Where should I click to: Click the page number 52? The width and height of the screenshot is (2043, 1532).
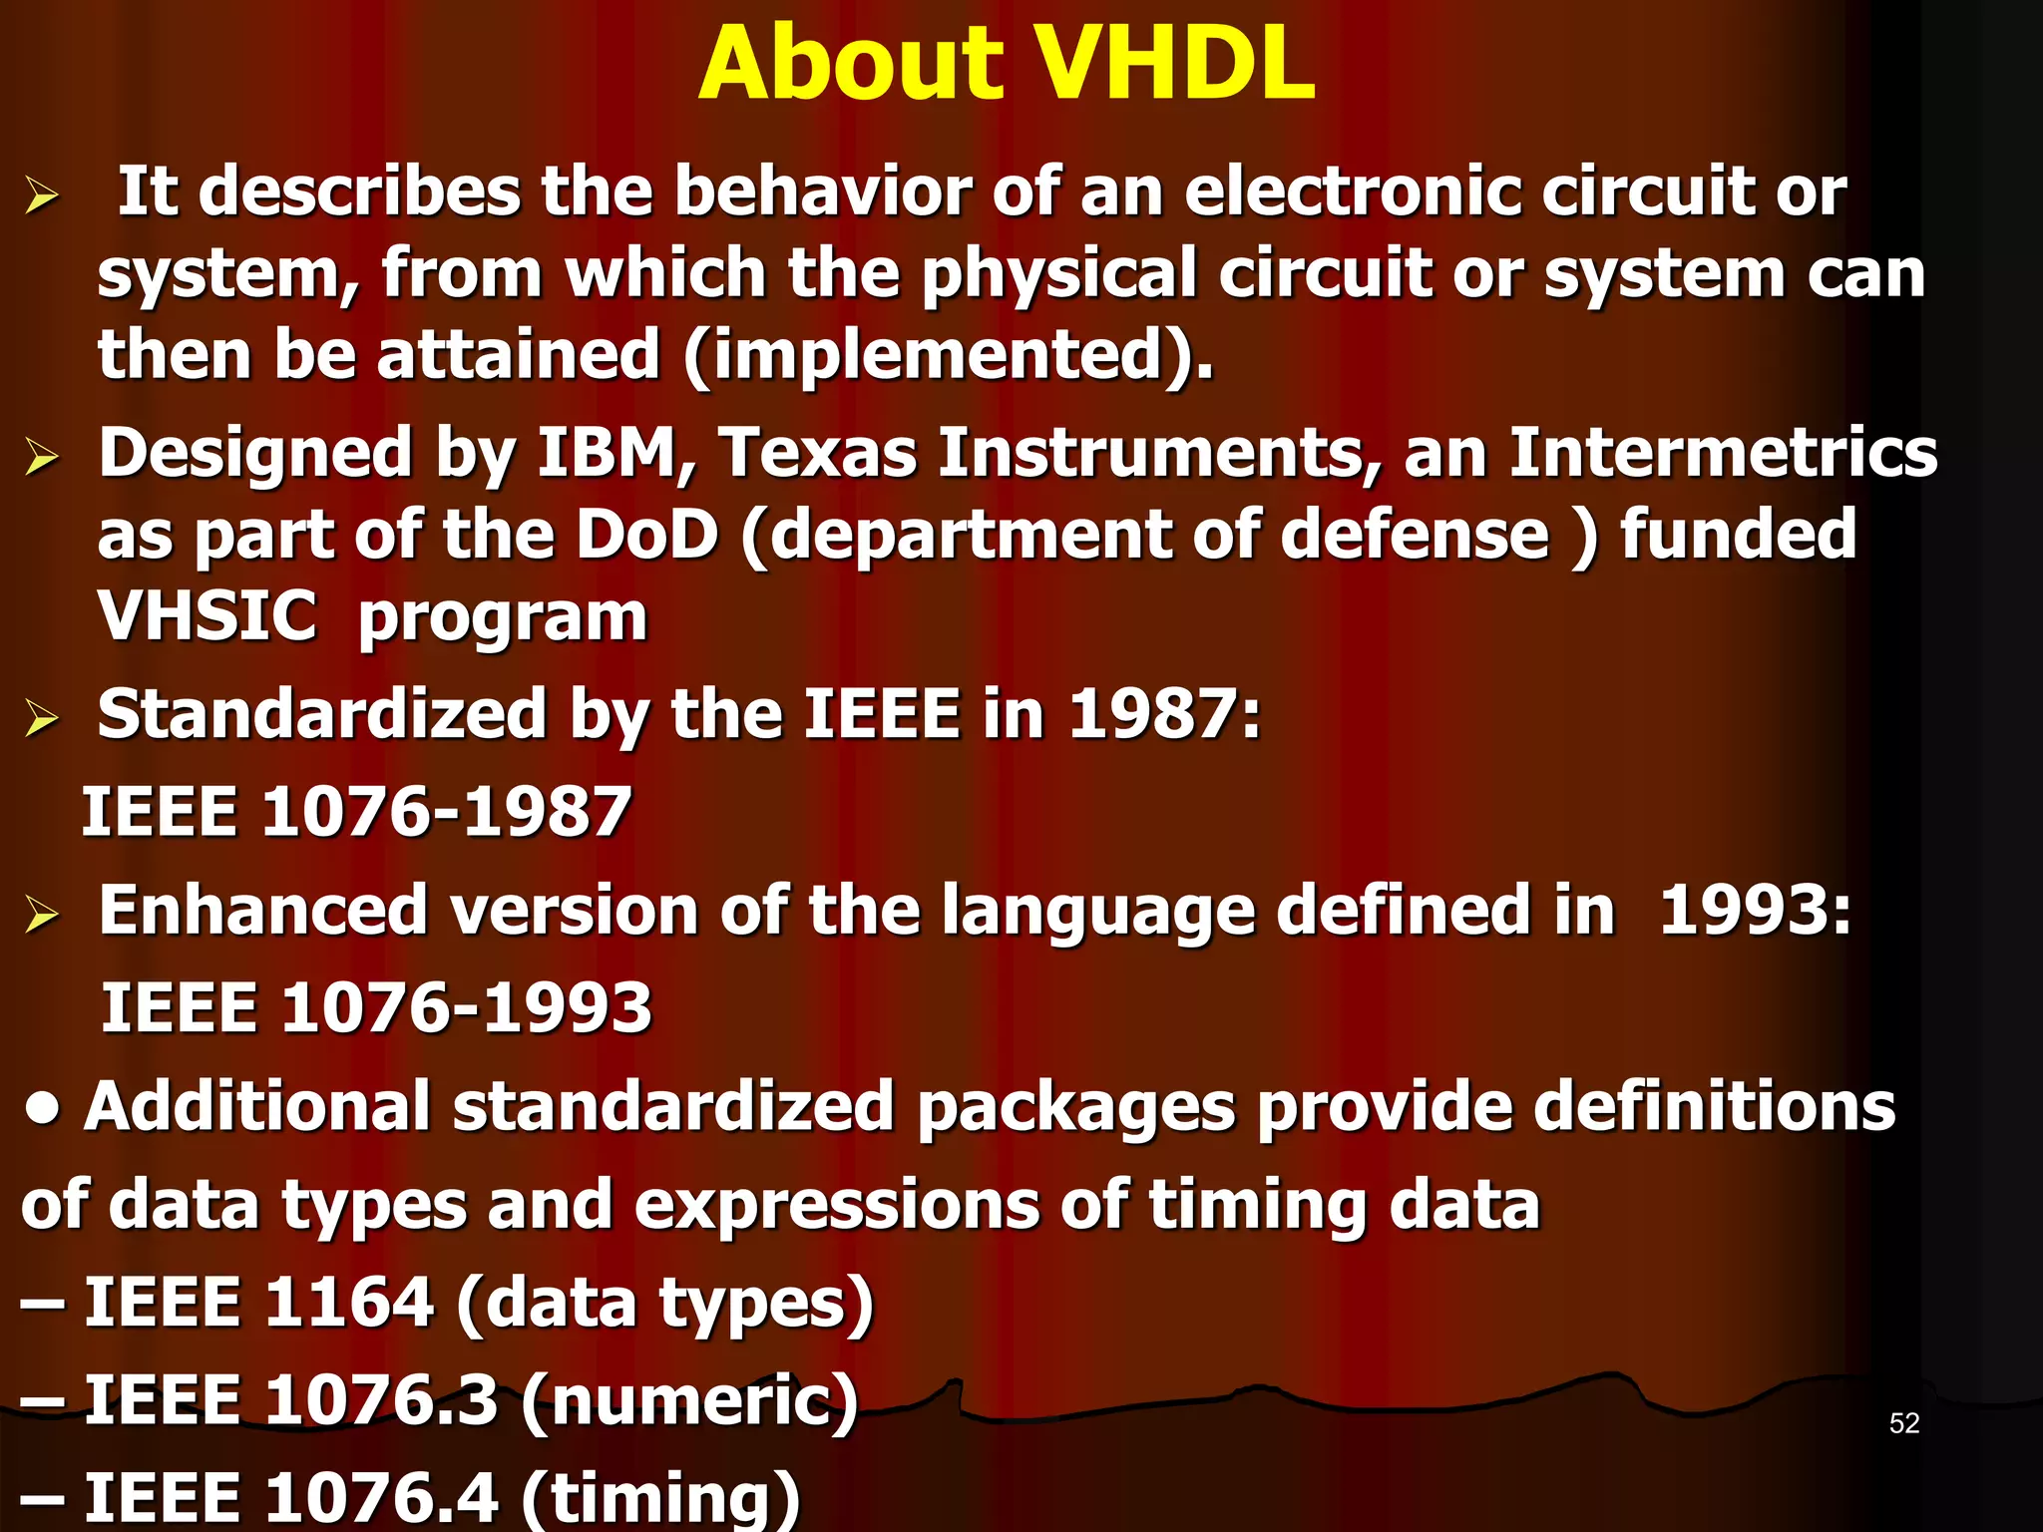pyautogui.click(x=1903, y=1423)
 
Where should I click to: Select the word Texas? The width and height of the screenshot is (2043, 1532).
pyautogui.click(x=817, y=454)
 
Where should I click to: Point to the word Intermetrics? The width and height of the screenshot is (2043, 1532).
pyautogui.click(x=1723, y=454)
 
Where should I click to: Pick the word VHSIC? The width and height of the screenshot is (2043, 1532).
pyautogui.click(x=207, y=616)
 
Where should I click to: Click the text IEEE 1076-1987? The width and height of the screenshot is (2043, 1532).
pyautogui.click(x=356, y=811)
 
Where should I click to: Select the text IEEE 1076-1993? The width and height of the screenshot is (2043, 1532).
pyautogui.click(x=377, y=1007)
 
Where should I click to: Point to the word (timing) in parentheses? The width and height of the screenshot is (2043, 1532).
pyautogui.click(x=660, y=1498)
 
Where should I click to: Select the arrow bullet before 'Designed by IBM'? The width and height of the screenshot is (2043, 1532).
pyautogui.click(x=42, y=458)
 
